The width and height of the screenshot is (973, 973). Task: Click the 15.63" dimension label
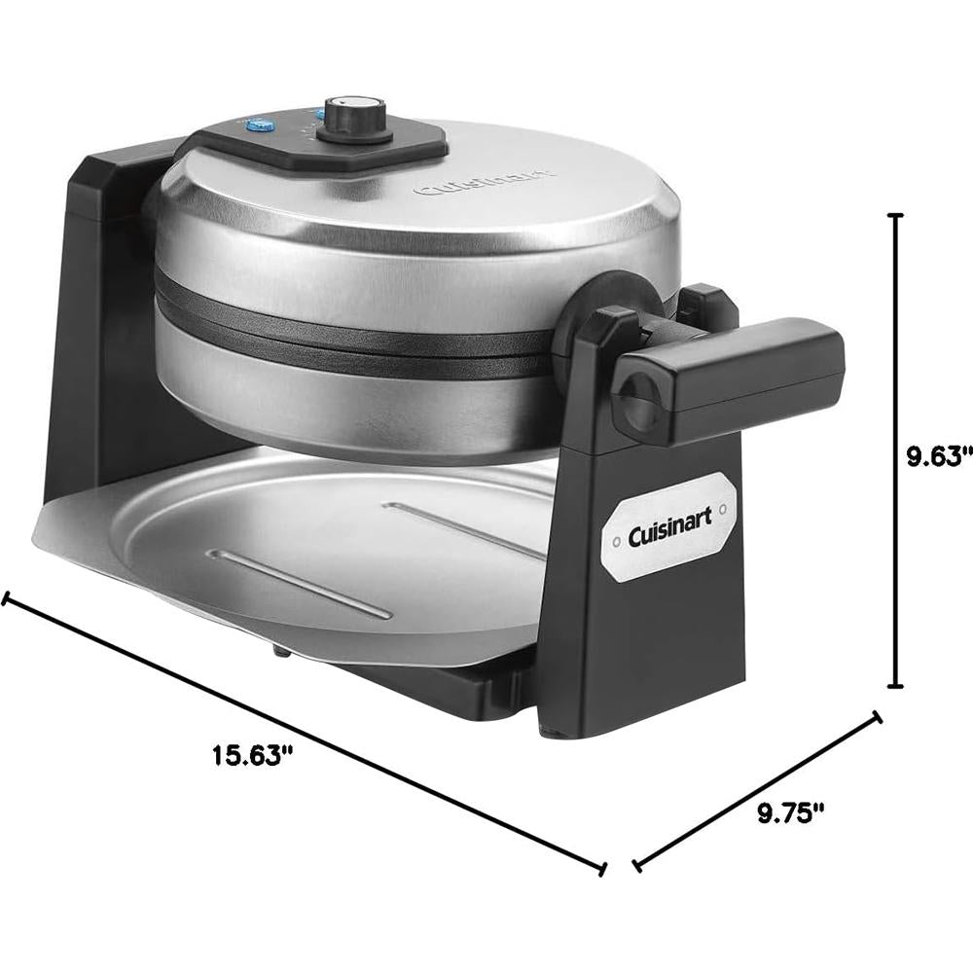[x=252, y=755]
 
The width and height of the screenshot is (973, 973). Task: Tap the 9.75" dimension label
[x=790, y=812]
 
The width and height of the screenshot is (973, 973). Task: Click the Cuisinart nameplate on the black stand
[x=670, y=526]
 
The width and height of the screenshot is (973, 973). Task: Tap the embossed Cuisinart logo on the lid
[x=484, y=180]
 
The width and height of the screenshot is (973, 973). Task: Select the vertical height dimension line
[x=895, y=450]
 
